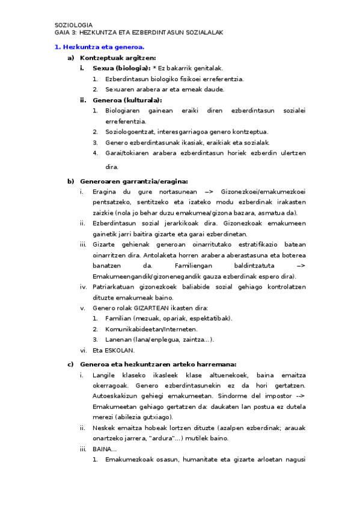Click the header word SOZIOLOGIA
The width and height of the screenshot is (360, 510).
73,25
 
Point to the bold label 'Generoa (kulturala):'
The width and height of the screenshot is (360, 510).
127,100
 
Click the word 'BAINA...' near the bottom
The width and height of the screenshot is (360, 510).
105,449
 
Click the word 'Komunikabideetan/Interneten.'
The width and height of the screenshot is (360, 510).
150,329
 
